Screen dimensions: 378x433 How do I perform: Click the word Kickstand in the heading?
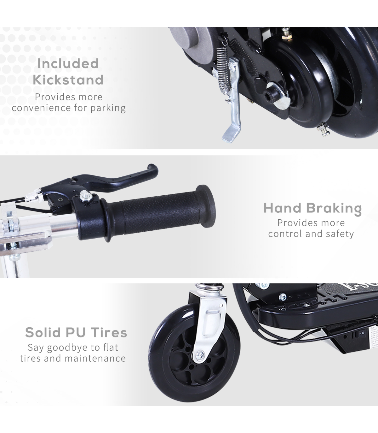click(x=68, y=80)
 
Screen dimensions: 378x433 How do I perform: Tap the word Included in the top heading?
click(x=68, y=63)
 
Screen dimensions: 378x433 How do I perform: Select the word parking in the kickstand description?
click(x=108, y=108)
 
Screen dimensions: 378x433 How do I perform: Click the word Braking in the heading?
click(x=334, y=209)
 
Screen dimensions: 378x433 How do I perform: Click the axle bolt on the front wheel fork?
click(x=200, y=354)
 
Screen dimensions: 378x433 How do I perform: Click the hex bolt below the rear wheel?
click(x=323, y=129)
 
